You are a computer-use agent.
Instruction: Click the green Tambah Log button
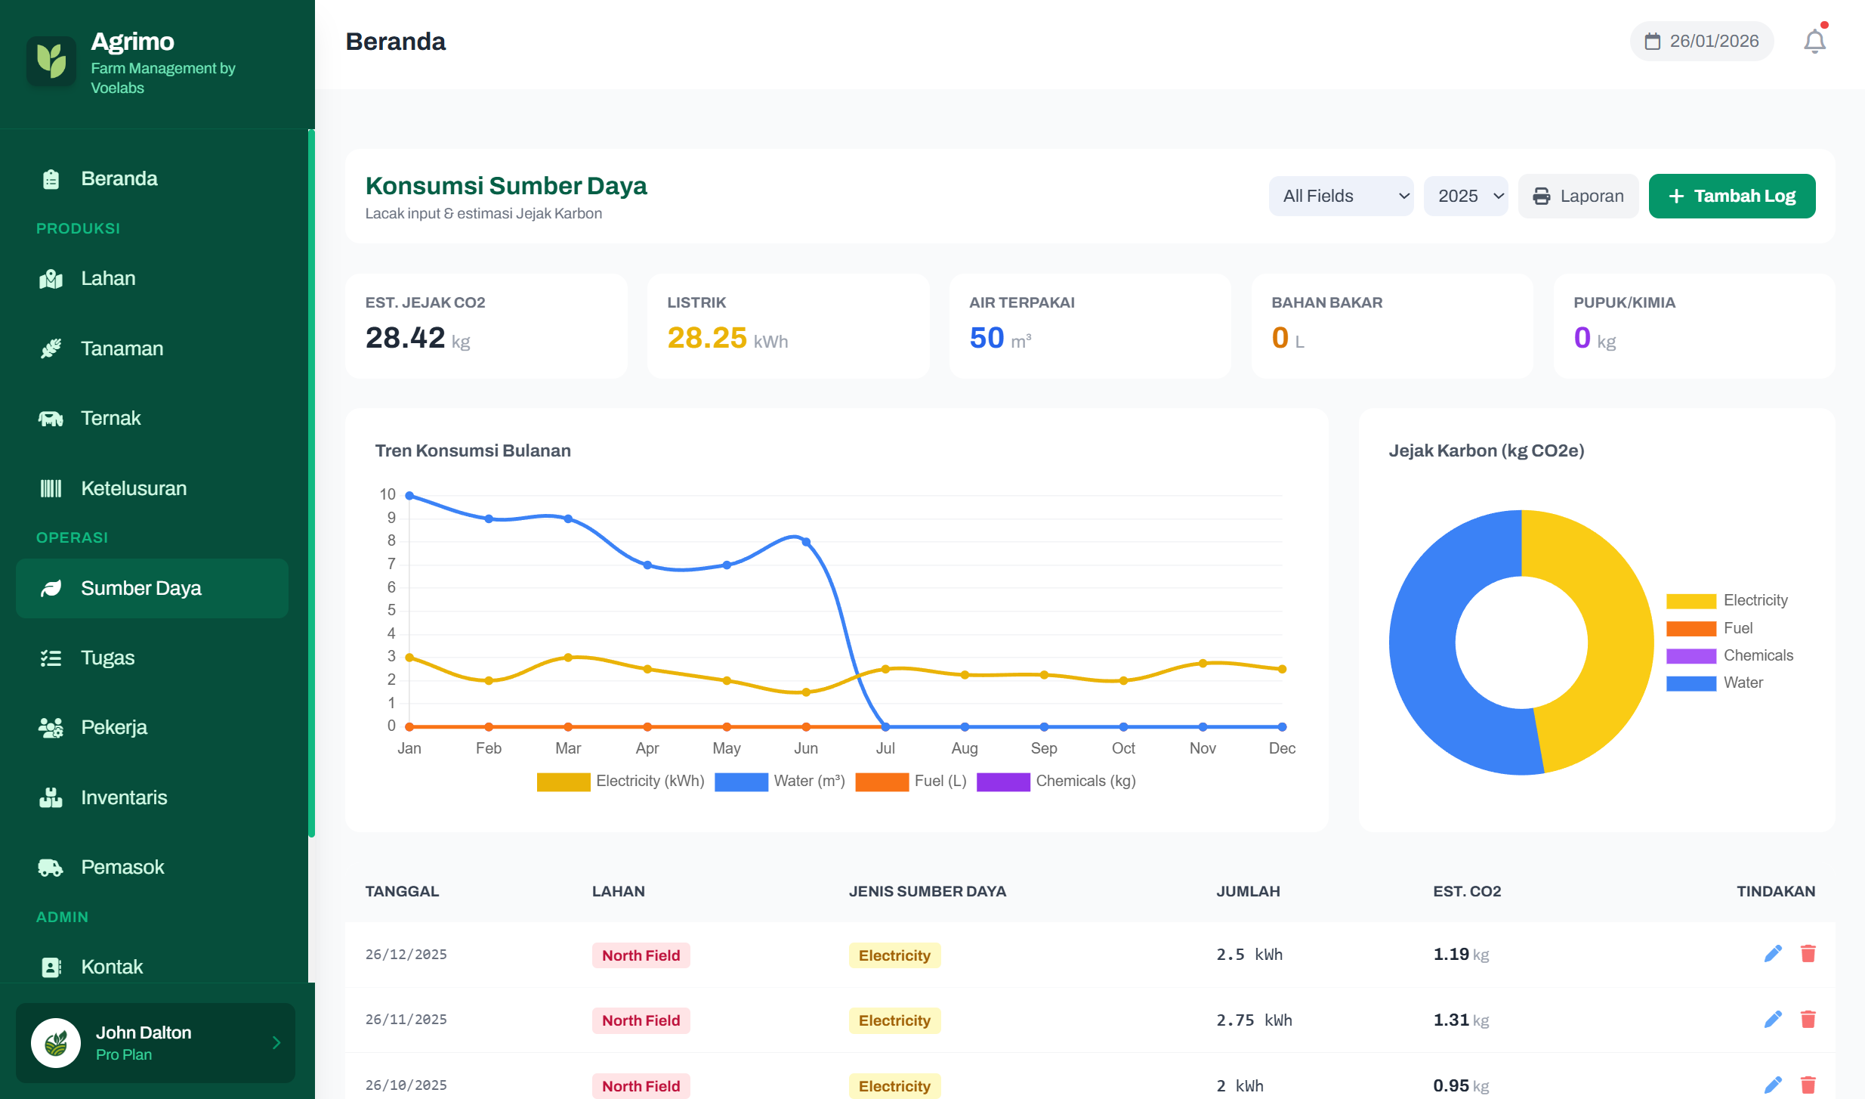point(1731,197)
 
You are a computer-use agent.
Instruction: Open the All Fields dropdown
point(1340,197)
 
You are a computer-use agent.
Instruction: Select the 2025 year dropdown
point(1465,197)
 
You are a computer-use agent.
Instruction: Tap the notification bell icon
point(1814,42)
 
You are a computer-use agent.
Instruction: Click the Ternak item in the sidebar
point(110,418)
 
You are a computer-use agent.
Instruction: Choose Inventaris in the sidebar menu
point(124,797)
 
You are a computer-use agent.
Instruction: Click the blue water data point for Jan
point(409,496)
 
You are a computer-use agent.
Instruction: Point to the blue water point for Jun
point(806,542)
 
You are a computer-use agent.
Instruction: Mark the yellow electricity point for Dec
point(1282,669)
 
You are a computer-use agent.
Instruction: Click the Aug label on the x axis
point(964,748)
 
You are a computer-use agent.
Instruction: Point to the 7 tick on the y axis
point(391,564)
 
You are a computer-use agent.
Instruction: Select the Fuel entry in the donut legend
point(1737,628)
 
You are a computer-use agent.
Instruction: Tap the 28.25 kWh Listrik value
point(707,338)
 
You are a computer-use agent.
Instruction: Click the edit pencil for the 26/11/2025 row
point(1772,1020)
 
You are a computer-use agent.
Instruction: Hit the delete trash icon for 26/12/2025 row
point(1808,954)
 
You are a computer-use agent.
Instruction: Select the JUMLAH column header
point(1248,891)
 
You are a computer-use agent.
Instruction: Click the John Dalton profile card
point(156,1042)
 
